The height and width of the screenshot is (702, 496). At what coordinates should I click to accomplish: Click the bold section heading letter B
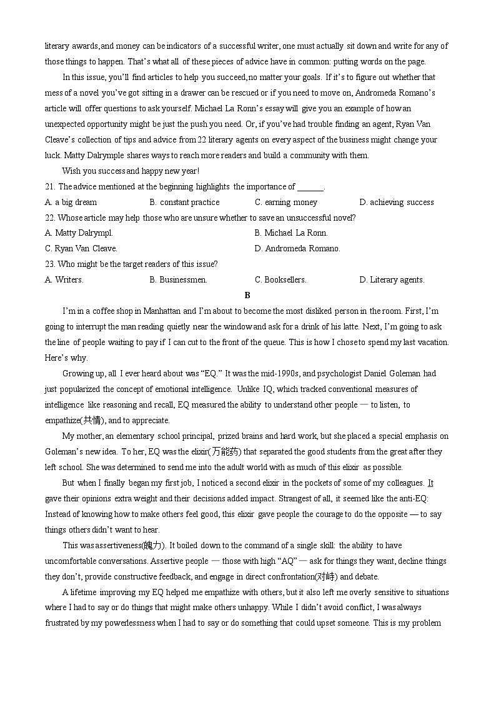[247, 295]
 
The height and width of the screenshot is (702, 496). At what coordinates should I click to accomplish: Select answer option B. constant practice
[184, 202]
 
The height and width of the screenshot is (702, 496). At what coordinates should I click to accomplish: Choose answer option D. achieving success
[396, 202]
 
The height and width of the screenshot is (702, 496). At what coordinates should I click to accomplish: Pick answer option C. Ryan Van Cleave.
[81, 248]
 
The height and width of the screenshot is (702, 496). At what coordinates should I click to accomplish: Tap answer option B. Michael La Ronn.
[291, 233]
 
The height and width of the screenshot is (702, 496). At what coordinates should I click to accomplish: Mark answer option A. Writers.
[64, 279]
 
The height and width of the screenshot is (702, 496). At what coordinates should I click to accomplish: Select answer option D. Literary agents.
[392, 279]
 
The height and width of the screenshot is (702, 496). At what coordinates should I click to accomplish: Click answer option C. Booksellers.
[280, 279]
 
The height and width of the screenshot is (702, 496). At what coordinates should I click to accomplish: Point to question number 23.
[50, 264]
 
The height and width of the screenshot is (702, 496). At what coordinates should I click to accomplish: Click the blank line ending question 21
[310, 187]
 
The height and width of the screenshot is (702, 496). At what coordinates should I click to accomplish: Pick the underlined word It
[430, 483]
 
